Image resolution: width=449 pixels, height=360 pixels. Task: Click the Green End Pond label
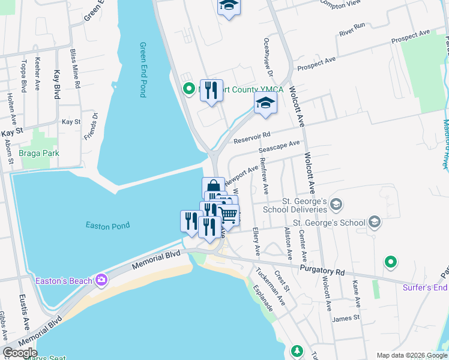pyautogui.click(x=143, y=70)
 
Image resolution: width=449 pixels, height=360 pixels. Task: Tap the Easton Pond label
pyautogui.click(x=108, y=226)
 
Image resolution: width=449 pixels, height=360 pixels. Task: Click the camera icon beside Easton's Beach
pyautogui.click(x=101, y=280)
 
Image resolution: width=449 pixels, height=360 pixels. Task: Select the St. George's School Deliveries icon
pyautogui.click(x=336, y=205)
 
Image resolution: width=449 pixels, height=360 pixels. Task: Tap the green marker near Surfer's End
pyautogui.click(x=391, y=262)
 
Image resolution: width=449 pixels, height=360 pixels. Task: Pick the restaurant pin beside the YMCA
pyautogui.click(x=211, y=91)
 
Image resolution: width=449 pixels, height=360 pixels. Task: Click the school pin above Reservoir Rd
pyautogui.click(x=265, y=103)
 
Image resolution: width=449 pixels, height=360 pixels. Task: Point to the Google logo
pyautogui.click(x=19, y=353)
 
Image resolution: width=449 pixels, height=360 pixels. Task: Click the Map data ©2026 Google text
pyautogui.click(x=412, y=355)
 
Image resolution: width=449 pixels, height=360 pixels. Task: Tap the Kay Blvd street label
pyautogui.click(x=58, y=84)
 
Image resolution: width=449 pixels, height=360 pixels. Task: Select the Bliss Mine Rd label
pyautogui.click(x=73, y=69)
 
